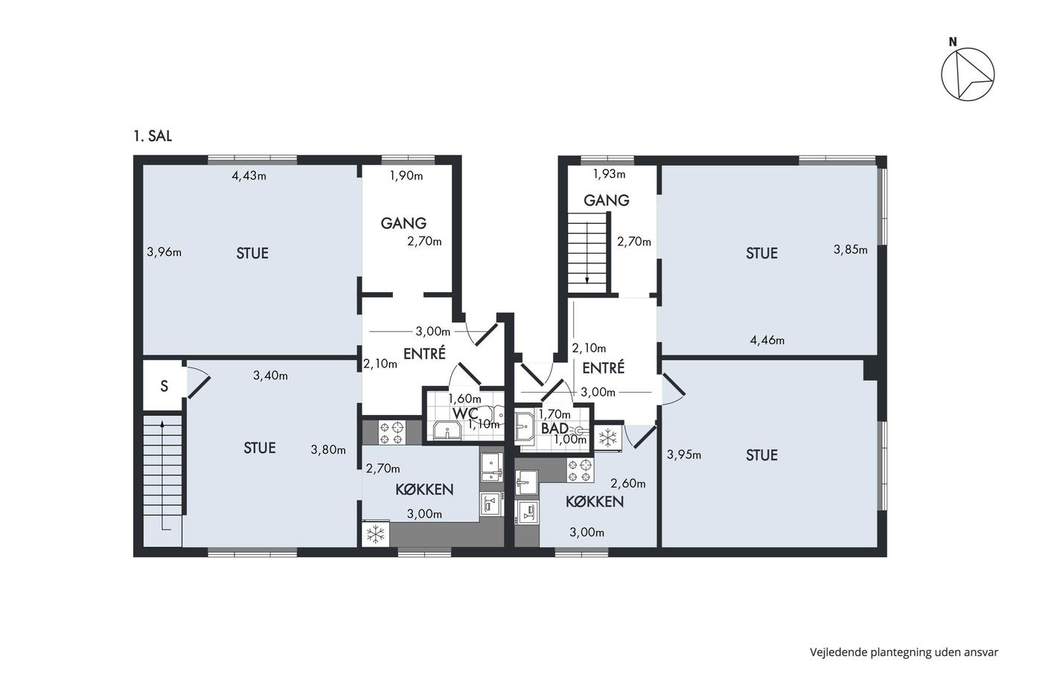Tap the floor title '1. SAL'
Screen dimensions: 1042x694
click(153, 136)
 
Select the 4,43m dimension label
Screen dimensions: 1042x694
click(249, 176)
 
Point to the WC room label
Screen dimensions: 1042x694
click(464, 413)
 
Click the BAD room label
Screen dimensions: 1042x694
click(554, 428)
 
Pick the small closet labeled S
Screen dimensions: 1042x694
click(164, 386)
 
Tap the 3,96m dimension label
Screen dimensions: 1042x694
click(164, 252)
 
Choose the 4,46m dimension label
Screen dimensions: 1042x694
click(767, 341)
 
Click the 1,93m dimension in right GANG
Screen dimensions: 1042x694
click(609, 174)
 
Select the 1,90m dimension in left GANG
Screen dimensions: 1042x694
click(406, 176)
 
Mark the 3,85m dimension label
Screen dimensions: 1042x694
click(850, 250)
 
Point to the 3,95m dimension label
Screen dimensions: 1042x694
click(684, 454)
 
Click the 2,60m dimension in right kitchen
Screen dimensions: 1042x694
click(628, 483)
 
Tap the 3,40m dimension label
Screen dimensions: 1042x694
click(270, 376)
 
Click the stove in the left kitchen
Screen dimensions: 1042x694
click(391, 433)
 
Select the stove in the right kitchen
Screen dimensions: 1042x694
click(580, 470)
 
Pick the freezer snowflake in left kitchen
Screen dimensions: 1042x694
click(376, 533)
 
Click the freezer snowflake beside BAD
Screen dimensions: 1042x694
click(608, 437)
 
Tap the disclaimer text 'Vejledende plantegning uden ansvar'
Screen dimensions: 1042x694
click(904, 652)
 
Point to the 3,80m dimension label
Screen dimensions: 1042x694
click(328, 450)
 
